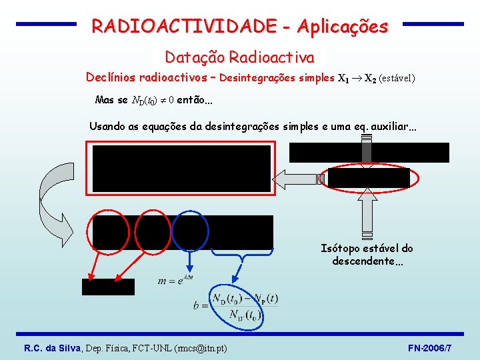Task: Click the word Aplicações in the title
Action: point(343,27)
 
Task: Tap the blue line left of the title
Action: point(46,24)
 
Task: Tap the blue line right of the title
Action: point(433,24)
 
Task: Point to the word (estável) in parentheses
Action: point(397,79)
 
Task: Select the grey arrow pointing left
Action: point(297,180)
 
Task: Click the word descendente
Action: point(364,261)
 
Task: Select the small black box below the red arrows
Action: point(108,287)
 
